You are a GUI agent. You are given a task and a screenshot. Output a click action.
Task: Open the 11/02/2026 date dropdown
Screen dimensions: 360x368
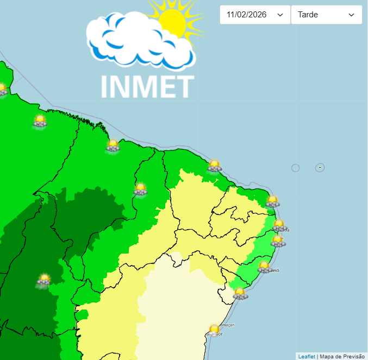[254, 15]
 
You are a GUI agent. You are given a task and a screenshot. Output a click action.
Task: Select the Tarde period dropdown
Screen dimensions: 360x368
[326, 15]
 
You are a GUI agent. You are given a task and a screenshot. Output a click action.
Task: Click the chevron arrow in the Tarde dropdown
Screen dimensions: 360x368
[351, 15]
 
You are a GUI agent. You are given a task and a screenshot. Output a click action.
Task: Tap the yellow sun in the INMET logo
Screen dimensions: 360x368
[172, 21]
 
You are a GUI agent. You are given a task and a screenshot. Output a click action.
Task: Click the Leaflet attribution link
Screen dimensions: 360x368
[306, 356]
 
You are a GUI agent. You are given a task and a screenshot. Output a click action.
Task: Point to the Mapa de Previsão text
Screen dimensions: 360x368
[342, 356]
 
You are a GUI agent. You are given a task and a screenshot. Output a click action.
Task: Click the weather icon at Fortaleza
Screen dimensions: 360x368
[214, 166]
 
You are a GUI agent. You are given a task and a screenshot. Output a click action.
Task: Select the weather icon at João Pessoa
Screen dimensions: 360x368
[279, 225]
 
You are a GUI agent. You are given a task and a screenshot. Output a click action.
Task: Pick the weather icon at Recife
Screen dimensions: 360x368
[278, 241]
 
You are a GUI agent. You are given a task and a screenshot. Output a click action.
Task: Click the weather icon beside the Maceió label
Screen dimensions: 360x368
[264, 267]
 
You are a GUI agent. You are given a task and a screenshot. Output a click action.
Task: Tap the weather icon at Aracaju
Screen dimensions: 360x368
[240, 294]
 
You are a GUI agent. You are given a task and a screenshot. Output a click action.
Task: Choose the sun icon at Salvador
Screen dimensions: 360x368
[214, 329]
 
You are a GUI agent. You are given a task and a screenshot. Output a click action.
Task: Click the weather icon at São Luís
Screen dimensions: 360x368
[113, 145]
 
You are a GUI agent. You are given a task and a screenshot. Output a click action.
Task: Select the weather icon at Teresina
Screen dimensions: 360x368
[140, 189]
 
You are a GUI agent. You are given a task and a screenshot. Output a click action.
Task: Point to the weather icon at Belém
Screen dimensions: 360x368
[40, 121]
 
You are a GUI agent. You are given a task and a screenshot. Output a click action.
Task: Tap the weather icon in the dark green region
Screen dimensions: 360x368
[44, 280]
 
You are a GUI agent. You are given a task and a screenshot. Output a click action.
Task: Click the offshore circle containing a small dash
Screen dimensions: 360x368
[320, 168]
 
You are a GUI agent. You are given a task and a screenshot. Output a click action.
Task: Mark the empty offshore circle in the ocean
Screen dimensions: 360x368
[296, 168]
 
